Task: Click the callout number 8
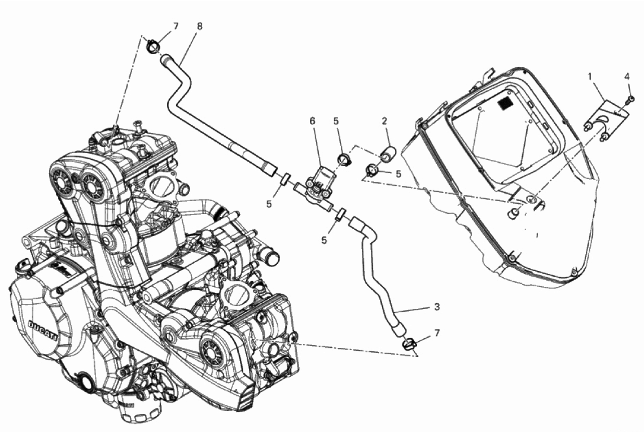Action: pos(200,27)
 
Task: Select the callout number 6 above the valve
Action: pos(313,121)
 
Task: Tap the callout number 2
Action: pos(384,121)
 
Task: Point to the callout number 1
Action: pos(590,76)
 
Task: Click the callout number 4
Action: pos(627,76)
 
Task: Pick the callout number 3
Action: pos(437,307)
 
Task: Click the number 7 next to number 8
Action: pos(176,27)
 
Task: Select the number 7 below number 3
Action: pos(437,333)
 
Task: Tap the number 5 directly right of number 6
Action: pos(336,121)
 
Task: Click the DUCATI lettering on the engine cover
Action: pos(43,330)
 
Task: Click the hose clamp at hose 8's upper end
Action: pos(153,46)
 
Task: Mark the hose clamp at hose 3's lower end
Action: pos(409,343)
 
